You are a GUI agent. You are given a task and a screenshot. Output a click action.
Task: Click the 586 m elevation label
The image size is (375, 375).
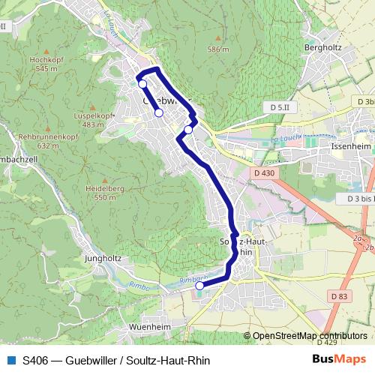pyautogui.click(x=218, y=49)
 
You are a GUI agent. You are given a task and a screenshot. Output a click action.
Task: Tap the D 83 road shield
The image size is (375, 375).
pyautogui.click(x=339, y=297)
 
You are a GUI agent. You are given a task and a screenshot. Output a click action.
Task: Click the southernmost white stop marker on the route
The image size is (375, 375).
pyautogui.click(x=199, y=285)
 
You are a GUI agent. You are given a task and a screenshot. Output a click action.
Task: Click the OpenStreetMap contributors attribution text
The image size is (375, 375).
pyautogui.click(x=309, y=336)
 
